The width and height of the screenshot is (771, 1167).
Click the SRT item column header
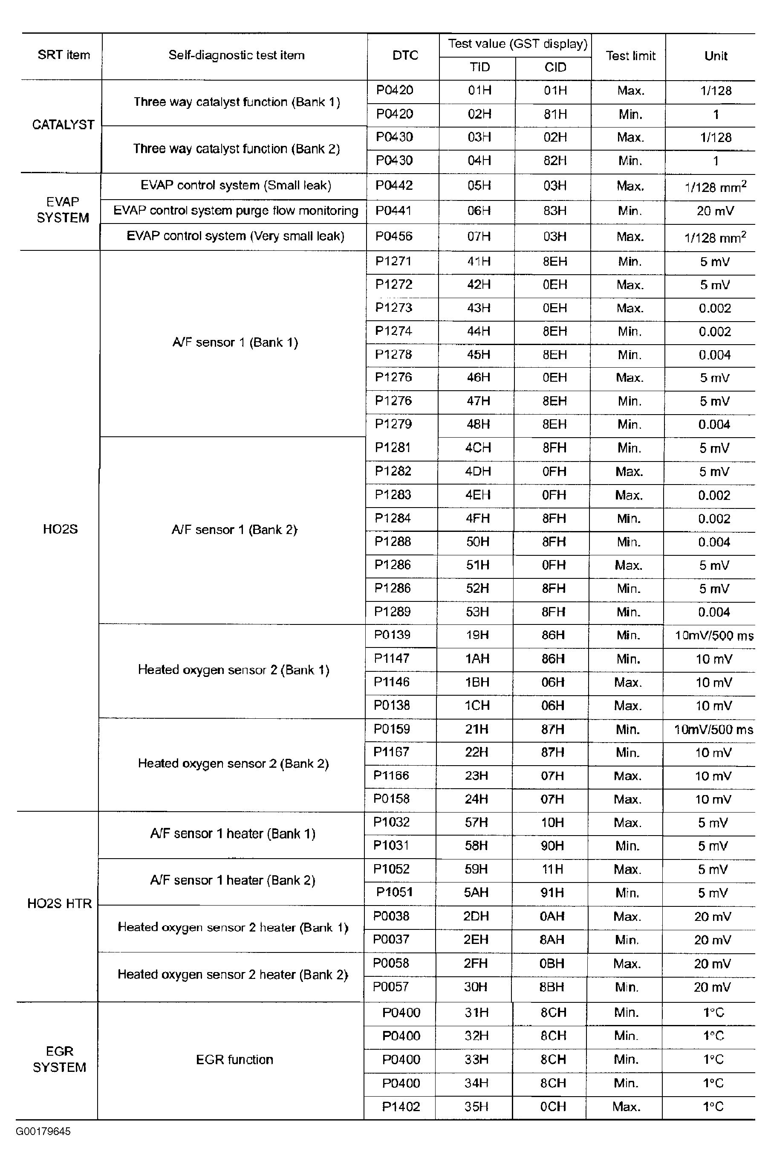[x=64, y=55]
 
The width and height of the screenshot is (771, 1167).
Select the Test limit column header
[x=630, y=55]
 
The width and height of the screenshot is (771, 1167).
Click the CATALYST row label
[x=63, y=125]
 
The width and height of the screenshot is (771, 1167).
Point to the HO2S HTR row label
[x=60, y=903]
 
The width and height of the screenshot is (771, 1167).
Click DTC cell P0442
[x=394, y=186]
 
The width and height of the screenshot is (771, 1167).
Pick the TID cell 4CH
[x=478, y=448]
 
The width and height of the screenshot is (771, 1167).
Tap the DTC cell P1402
[x=401, y=1106]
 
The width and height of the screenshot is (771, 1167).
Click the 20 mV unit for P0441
[x=715, y=211]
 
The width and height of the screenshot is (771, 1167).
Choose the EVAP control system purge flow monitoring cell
[x=236, y=211]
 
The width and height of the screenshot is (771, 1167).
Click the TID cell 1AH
[x=477, y=658]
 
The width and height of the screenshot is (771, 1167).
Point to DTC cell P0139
[x=392, y=635]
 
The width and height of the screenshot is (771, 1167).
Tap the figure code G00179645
[x=43, y=1131]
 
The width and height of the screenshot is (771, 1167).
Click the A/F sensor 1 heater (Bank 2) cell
[x=233, y=880]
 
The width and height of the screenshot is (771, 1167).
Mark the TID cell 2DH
[x=476, y=916]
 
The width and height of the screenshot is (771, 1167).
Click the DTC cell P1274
[x=393, y=331]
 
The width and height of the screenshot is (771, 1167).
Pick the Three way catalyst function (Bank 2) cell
[x=236, y=148]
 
